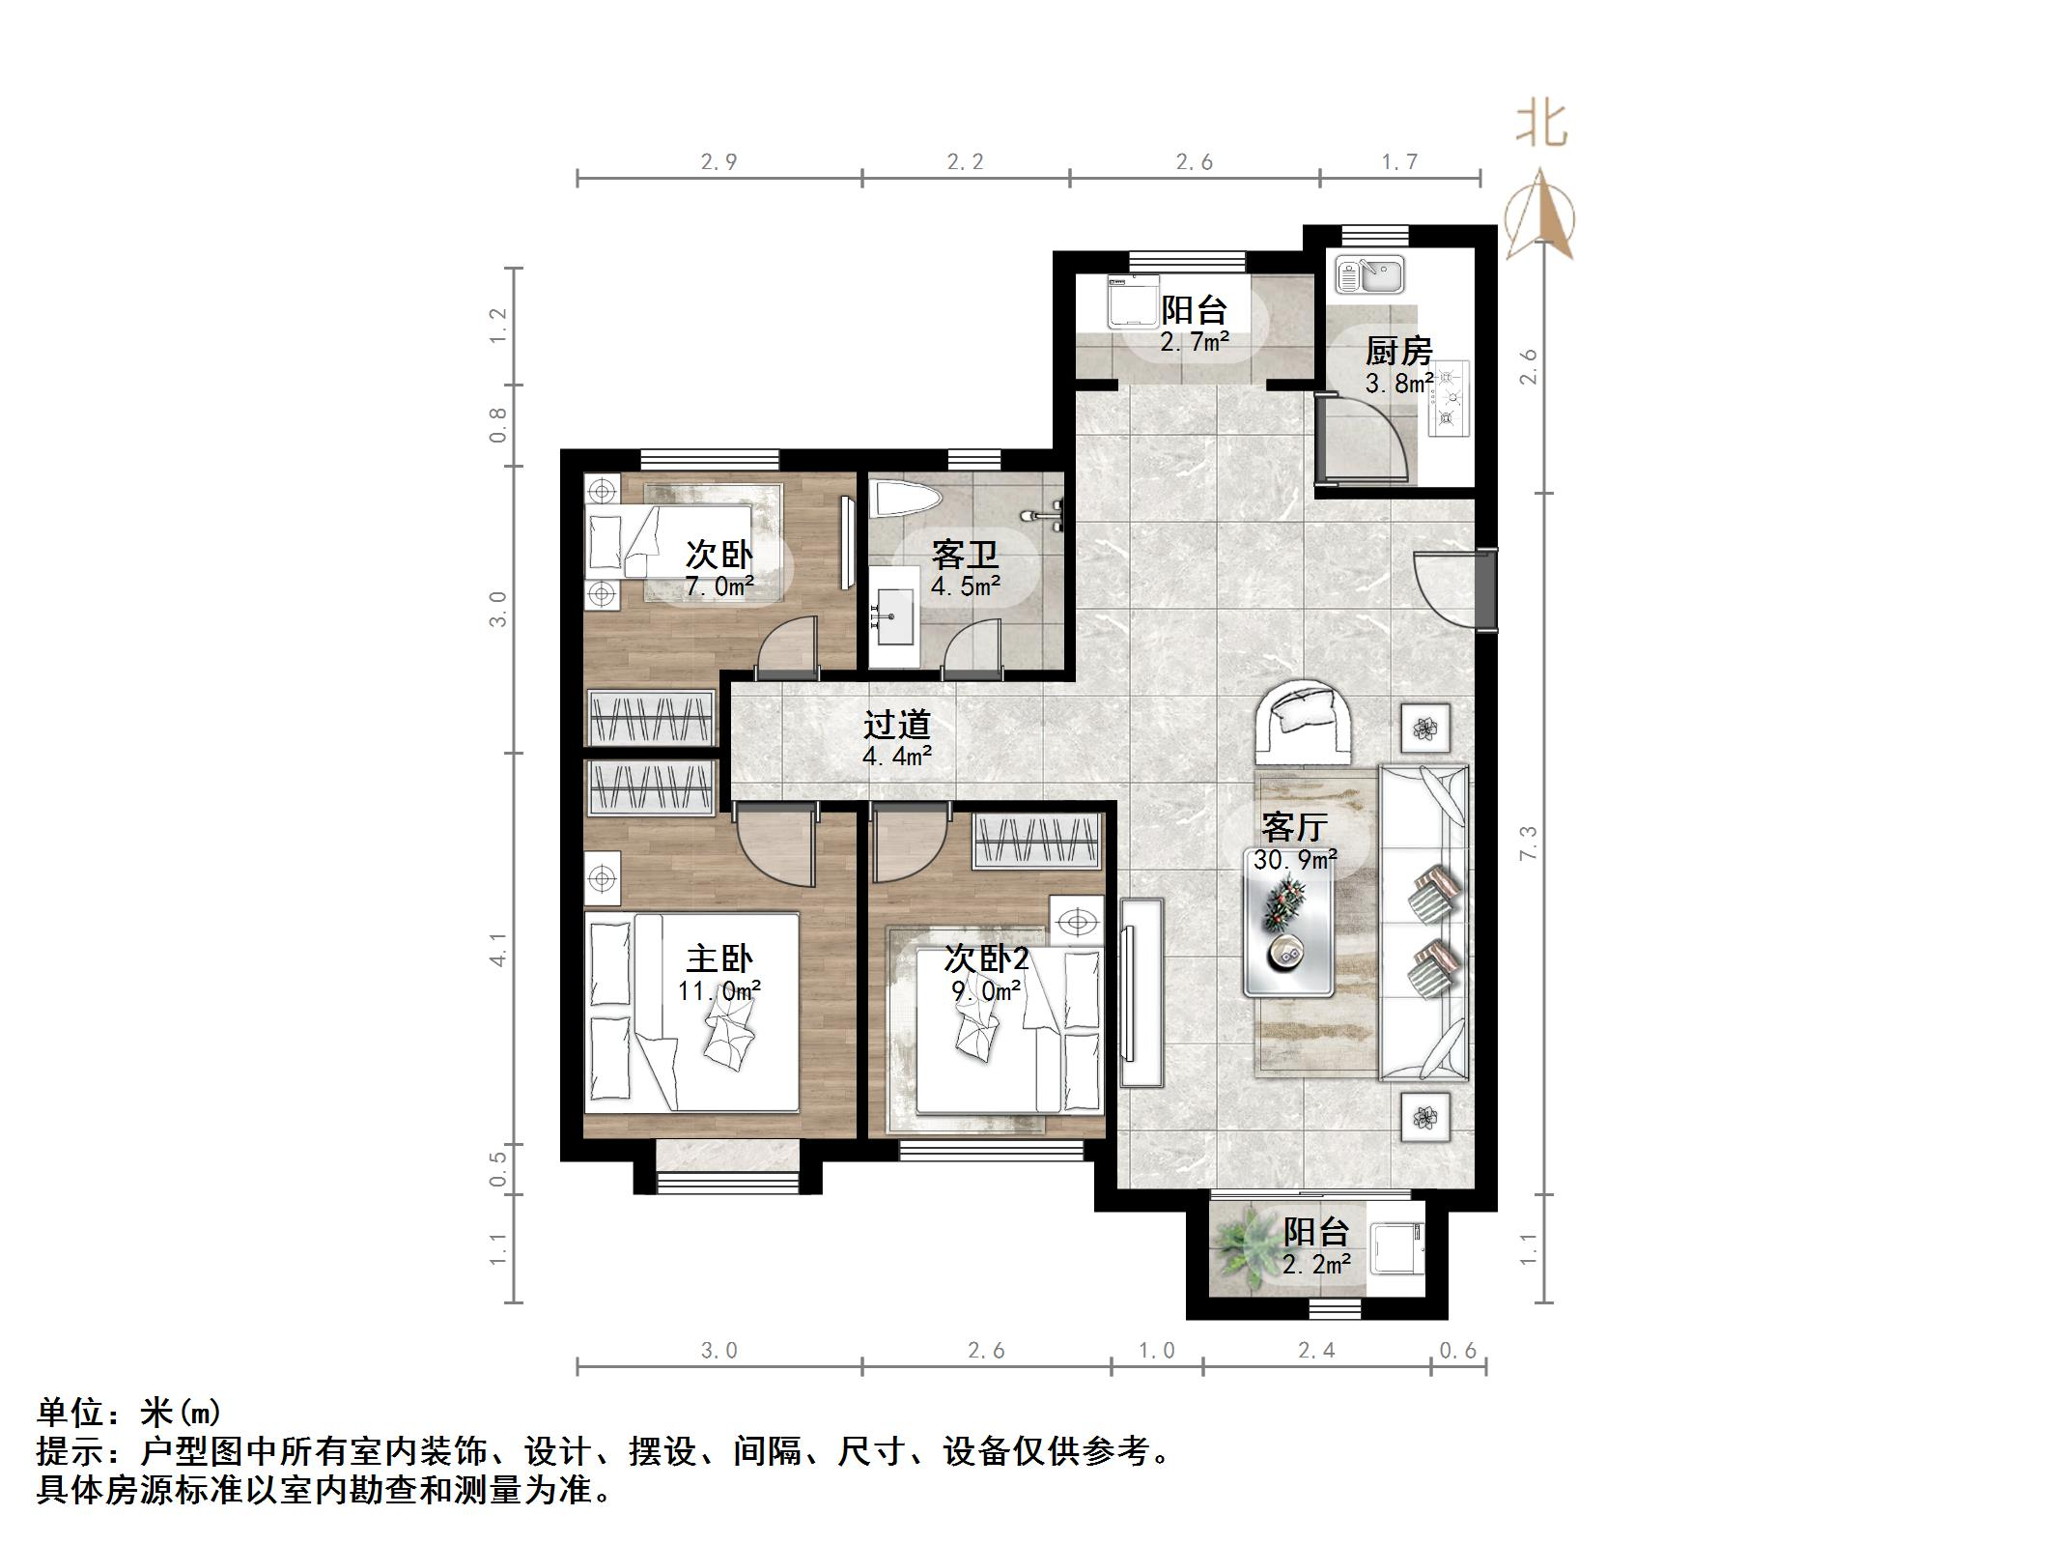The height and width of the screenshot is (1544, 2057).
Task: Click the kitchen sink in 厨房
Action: [1369, 274]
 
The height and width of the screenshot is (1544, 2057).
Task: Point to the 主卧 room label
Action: [719, 958]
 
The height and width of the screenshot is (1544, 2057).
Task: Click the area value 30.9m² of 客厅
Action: [1295, 858]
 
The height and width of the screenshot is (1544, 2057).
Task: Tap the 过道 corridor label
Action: [896, 725]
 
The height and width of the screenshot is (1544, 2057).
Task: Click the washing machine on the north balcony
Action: [1131, 301]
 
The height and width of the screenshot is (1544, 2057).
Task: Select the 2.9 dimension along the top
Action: [719, 162]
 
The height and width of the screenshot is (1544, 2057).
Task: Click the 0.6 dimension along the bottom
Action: [1458, 1350]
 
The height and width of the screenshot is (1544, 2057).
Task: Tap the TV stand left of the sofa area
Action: [1142, 992]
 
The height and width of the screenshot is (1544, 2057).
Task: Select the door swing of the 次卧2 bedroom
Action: [908, 846]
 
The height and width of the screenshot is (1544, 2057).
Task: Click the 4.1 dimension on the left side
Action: [498, 949]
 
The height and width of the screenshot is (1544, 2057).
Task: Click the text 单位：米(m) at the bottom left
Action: [129, 1414]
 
